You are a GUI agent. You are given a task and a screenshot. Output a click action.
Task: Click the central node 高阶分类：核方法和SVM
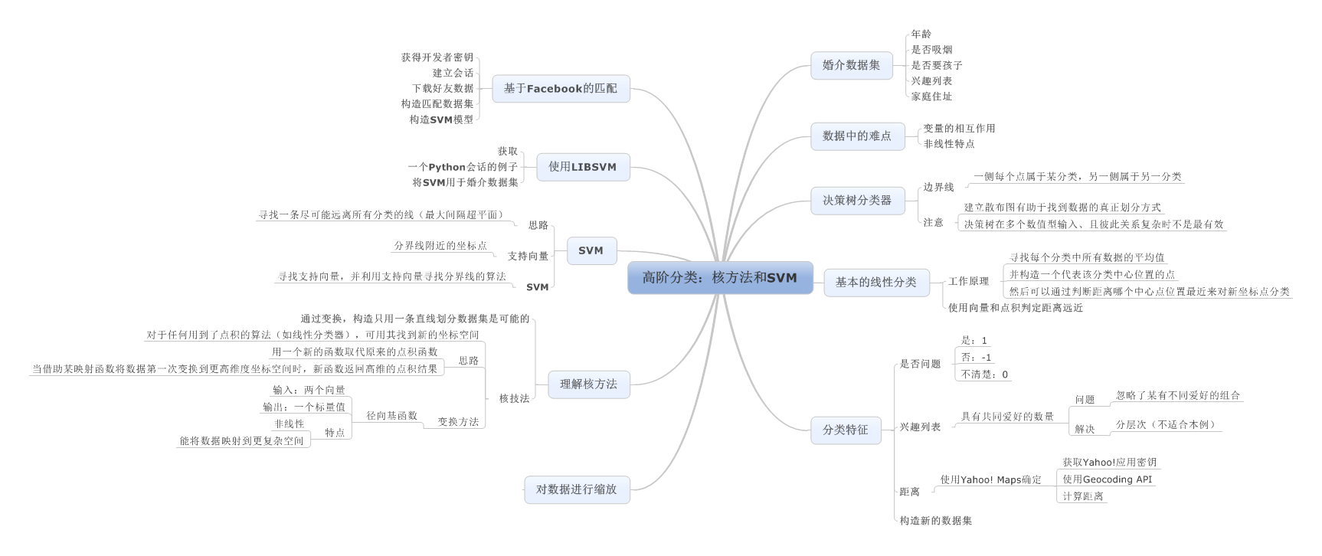[x=720, y=278]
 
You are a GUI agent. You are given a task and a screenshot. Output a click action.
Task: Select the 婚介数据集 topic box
[x=851, y=65]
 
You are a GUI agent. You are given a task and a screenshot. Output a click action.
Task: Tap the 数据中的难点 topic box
[x=856, y=136]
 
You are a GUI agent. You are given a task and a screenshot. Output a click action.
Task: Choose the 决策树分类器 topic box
[x=856, y=200]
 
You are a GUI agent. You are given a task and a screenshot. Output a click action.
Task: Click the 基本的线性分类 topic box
[x=875, y=282]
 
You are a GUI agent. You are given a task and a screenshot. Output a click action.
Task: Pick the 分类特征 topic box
[x=845, y=430]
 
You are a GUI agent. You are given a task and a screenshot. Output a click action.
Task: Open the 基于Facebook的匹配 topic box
[x=560, y=88]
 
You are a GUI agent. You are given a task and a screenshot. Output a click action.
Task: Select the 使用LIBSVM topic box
[x=582, y=166]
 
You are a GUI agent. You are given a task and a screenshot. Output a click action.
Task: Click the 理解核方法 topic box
[x=587, y=384]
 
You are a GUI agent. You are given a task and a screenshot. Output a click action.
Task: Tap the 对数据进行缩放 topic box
[x=576, y=489]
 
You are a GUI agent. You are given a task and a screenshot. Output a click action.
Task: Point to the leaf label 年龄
[x=921, y=34]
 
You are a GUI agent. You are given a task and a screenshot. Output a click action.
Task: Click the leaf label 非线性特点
[x=949, y=144]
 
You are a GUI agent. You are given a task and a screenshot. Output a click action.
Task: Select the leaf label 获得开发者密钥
[x=437, y=57]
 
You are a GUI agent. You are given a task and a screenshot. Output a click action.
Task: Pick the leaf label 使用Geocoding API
[x=1107, y=479]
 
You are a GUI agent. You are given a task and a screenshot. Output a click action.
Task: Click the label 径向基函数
[x=391, y=416]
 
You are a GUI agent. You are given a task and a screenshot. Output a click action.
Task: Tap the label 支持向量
[x=528, y=256]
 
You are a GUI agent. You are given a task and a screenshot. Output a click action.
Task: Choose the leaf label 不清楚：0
[x=984, y=374]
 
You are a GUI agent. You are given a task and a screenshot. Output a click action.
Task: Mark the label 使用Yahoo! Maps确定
[x=990, y=480]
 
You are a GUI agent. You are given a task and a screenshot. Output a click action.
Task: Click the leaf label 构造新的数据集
[x=935, y=521]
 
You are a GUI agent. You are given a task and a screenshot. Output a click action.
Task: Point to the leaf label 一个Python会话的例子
[x=463, y=167]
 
